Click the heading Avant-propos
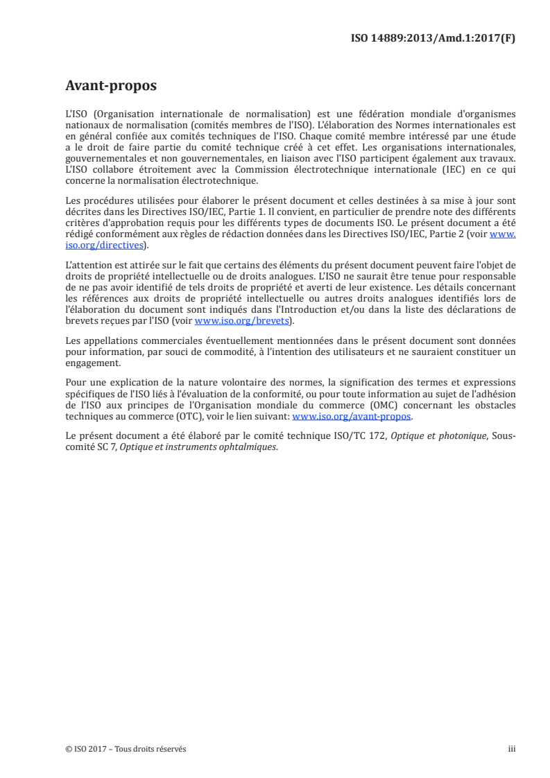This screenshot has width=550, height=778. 111,86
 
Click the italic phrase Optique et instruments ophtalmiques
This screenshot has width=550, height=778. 199,447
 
